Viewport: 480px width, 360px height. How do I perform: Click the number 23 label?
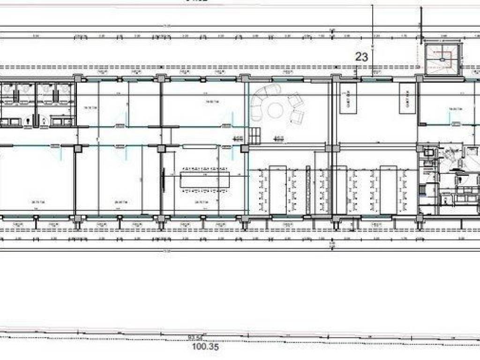(x=361, y=57)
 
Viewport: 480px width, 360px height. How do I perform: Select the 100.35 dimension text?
(x=205, y=348)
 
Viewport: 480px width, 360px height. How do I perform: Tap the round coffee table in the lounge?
(x=275, y=110)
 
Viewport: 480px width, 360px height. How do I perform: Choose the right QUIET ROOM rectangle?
(x=406, y=98)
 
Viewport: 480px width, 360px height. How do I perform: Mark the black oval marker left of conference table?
(x=164, y=179)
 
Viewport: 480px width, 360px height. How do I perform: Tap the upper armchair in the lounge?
(x=295, y=100)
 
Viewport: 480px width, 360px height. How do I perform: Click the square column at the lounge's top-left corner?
(x=244, y=78)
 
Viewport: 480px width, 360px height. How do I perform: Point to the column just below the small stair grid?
(x=244, y=149)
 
